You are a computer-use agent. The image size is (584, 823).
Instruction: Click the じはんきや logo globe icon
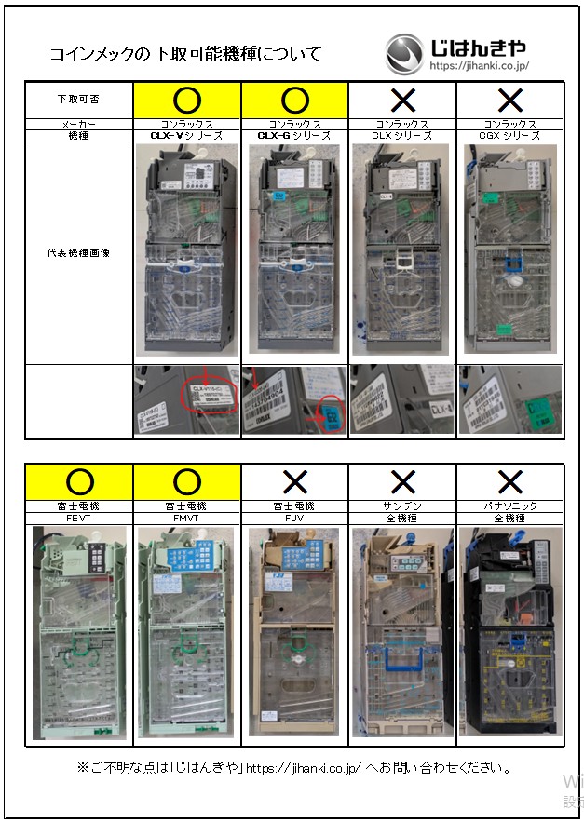tap(404, 53)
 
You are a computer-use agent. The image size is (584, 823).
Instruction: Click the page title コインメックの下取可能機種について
tap(185, 54)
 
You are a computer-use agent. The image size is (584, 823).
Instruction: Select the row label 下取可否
tap(78, 100)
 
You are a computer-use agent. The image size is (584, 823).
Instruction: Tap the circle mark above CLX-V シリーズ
tap(187, 100)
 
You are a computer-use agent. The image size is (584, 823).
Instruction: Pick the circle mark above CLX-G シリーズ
tap(294, 100)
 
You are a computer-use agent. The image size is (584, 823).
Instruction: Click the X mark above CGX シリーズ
tap(509, 100)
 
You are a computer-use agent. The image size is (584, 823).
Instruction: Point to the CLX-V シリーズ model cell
tap(187, 135)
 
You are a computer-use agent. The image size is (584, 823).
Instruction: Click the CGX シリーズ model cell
tap(509, 135)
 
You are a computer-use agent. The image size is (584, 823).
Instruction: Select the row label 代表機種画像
tap(78, 252)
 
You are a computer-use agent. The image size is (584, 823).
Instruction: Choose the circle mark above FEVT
tap(80, 481)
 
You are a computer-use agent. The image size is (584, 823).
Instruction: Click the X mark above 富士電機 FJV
tap(294, 481)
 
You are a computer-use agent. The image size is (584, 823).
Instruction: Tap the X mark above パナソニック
tap(509, 481)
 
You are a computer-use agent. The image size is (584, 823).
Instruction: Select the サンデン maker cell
tap(402, 506)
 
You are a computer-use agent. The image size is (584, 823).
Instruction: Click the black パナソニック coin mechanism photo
tap(509, 633)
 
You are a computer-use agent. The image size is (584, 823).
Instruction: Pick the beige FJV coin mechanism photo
tap(294, 633)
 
